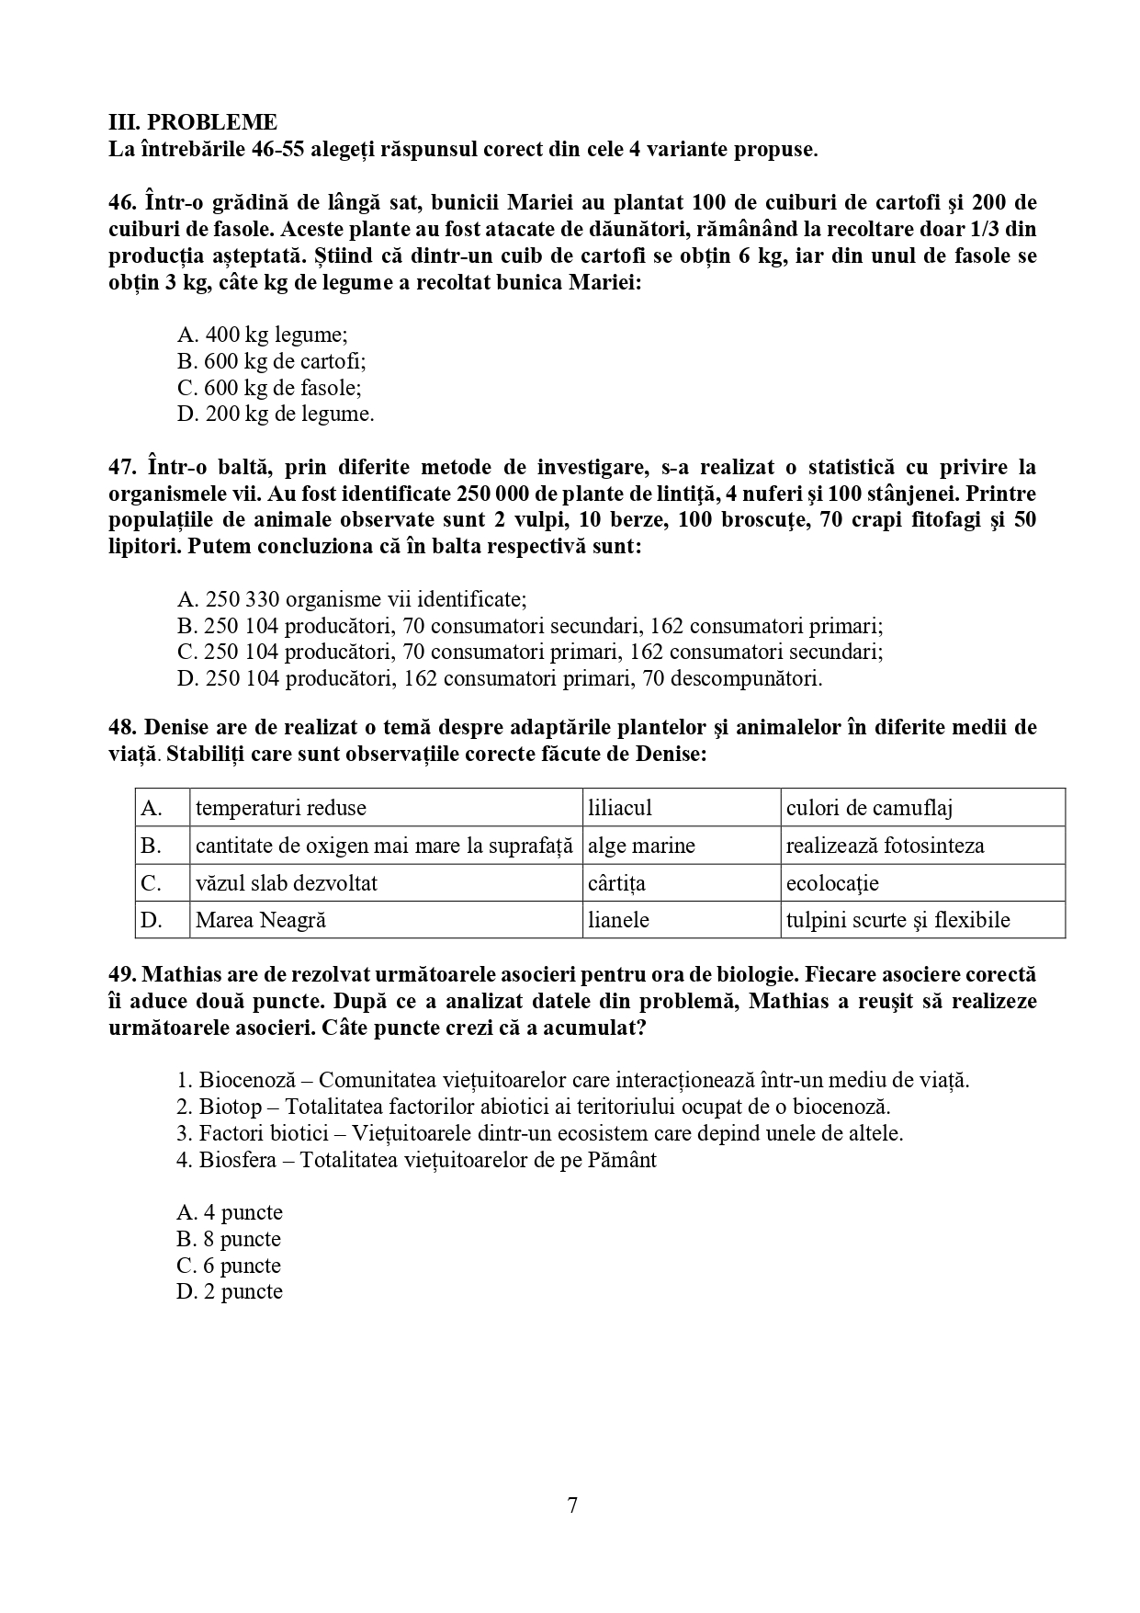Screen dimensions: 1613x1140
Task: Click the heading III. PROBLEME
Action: (x=193, y=122)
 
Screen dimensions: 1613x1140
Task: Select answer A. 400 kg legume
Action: (x=262, y=335)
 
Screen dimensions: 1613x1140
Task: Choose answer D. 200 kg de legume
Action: (x=275, y=414)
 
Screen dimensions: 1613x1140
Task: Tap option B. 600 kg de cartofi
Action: (x=271, y=361)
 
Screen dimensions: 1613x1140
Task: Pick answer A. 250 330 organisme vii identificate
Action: (x=351, y=599)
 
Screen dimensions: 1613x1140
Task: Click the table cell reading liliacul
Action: (x=620, y=808)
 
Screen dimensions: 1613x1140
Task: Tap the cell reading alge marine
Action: (x=641, y=846)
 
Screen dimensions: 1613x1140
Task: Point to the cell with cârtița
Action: (x=616, y=883)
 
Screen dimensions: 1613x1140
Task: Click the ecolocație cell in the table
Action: (x=832, y=883)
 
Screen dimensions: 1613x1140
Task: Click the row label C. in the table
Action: (x=152, y=883)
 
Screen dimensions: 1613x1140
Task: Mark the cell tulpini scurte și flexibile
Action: (x=897, y=920)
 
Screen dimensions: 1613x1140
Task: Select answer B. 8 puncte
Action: (x=229, y=1239)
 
